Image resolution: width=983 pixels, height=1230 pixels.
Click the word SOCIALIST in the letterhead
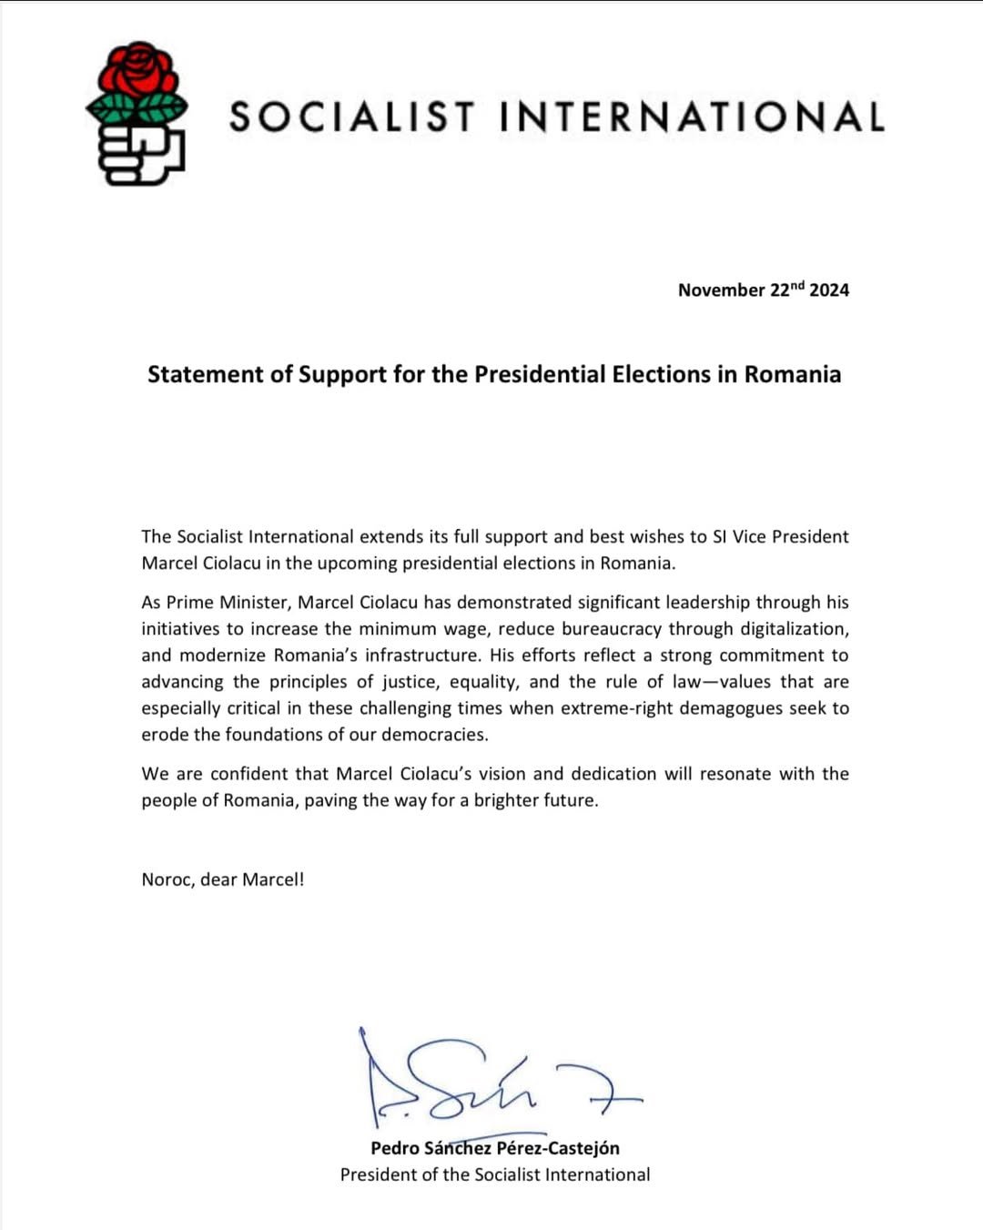pos(352,117)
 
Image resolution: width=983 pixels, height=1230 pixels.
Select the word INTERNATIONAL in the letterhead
pos(692,117)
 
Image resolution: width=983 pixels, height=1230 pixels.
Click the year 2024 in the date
pos(829,290)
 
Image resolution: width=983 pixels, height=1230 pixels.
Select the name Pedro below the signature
pos(394,1149)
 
